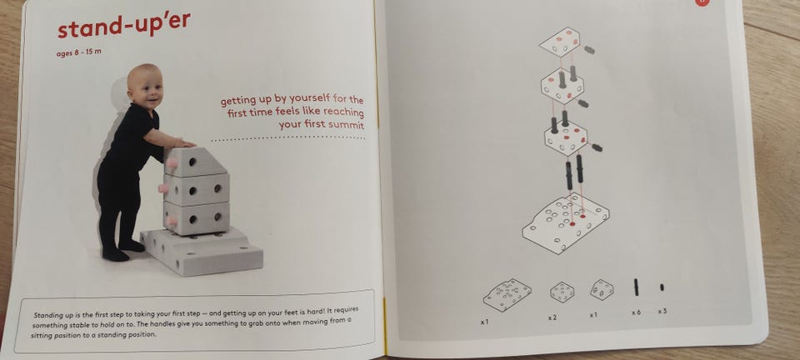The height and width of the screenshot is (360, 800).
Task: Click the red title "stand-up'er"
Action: pyautogui.click(x=124, y=25)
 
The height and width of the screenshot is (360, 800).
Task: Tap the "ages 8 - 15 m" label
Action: pyautogui.click(x=78, y=52)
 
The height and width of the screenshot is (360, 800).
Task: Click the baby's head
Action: pyautogui.click(x=145, y=85)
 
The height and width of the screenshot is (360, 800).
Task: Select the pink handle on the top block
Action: pyautogui.click(x=172, y=163)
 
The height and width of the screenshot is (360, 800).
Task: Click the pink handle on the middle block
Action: pyautogui.click(x=164, y=188)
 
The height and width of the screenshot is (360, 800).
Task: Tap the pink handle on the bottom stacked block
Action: pyautogui.click(x=172, y=221)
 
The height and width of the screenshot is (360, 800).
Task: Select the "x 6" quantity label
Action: pyautogui.click(x=636, y=312)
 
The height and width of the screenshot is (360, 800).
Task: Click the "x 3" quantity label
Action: pyautogui.click(x=662, y=311)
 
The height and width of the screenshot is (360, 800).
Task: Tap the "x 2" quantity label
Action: pyautogui.click(x=552, y=317)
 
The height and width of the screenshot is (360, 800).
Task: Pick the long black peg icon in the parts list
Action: pyautogui.click(x=636, y=287)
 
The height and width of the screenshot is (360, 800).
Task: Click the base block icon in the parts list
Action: pyautogui.click(x=507, y=295)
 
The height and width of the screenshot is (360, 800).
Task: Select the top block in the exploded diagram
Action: pyautogui.click(x=560, y=42)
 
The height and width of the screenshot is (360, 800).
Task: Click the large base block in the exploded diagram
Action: pyautogui.click(x=566, y=222)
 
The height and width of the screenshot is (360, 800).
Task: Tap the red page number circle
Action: pyautogui.click(x=702, y=2)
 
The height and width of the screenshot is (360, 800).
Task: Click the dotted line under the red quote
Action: pyautogui.click(x=287, y=138)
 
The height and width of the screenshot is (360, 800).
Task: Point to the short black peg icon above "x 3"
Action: pyautogui.click(x=662, y=287)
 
